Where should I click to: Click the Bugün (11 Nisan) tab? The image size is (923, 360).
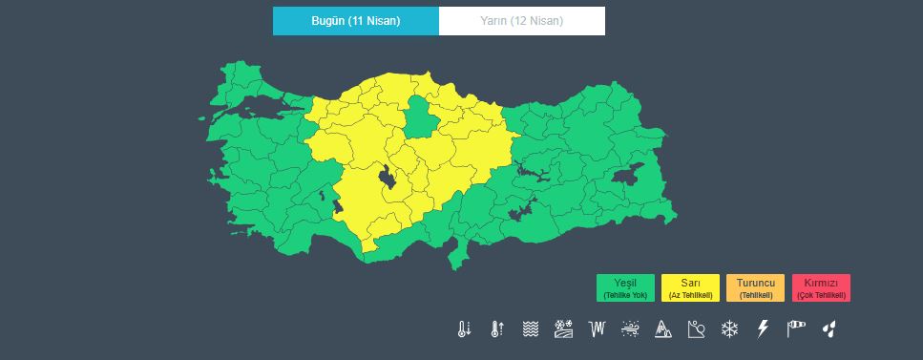[355, 20]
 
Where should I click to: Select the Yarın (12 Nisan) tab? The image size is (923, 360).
[521, 20]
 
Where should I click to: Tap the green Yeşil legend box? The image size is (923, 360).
[625, 287]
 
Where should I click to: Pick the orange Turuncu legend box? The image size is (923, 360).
[755, 287]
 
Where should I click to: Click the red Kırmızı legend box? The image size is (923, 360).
[821, 287]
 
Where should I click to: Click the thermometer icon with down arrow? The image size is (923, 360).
[464, 329]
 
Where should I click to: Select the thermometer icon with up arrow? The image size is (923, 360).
[496, 329]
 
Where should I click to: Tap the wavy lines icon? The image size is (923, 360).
[530, 329]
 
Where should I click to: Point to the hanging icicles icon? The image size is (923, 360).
[598, 329]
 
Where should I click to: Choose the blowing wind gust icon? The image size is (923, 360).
[630, 329]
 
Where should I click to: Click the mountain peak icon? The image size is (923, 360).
[663, 329]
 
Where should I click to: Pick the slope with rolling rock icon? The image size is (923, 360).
[696, 329]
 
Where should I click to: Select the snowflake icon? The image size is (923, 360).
[729, 329]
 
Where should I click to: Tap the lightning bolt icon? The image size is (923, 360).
[762, 329]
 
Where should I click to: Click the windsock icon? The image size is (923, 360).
[796, 329]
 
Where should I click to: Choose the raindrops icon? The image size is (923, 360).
[829, 329]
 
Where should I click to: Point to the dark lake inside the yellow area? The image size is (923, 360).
[387, 179]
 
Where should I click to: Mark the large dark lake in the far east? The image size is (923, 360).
[628, 176]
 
